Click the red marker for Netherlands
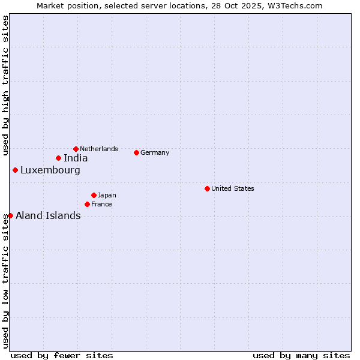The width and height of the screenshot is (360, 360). [x=76, y=149]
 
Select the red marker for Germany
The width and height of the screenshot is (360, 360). [x=136, y=152]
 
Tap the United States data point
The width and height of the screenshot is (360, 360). [x=207, y=188]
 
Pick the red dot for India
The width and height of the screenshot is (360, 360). [x=58, y=158]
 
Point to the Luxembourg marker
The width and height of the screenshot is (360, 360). [x=15, y=170]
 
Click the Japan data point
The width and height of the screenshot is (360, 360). [x=94, y=195]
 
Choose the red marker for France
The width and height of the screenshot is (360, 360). [x=87, y=204]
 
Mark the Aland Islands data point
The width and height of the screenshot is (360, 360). [x=10, y=215]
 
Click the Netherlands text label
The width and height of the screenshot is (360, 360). [x=99, y=149]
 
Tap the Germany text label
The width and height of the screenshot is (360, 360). [x=155, y=152]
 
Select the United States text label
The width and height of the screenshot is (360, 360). [x=233, y=188]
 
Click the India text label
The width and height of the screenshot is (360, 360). [x=76, y=158]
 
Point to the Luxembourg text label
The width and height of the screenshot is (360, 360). [x=50, y=170]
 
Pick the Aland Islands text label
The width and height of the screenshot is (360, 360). [x=48, y=216]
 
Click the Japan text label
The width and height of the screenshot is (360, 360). [x=107, y=195]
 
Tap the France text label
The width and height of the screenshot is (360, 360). [x=101, y=204]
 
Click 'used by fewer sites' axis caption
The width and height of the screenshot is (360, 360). [x=62, y=355]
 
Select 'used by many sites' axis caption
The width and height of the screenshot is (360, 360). [x=301, y=355]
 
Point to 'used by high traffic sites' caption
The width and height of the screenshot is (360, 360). [x=5, y=85]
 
